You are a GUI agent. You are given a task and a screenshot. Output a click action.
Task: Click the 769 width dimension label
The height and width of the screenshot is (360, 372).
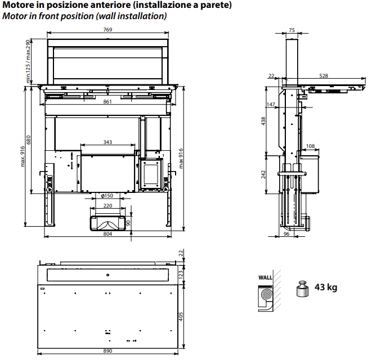click(107, 30)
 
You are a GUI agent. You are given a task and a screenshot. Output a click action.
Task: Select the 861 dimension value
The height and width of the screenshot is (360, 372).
click(107, 101)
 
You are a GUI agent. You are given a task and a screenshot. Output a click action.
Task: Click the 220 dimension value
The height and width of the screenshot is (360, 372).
click(107, 206)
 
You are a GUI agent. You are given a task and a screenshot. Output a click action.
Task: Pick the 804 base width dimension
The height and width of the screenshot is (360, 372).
click(107, 234)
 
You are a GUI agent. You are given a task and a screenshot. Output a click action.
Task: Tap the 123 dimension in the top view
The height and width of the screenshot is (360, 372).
click(181, 274)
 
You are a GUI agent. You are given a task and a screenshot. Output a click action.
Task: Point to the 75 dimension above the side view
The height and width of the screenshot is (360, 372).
click(291, 30)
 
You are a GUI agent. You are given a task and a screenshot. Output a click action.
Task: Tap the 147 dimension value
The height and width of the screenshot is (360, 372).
click(271, 105)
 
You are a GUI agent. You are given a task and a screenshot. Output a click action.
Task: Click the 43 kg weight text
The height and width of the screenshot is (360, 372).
click(326, 287)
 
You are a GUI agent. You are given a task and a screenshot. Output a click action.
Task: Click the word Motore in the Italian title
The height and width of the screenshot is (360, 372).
click(19, 6)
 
